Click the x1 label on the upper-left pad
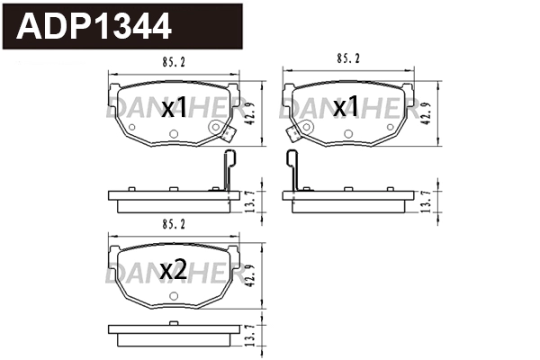pyautogui.click(x=174, y=109)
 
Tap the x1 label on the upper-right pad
pyautogui.click(x=346, y=109)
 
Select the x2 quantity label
pyautogui.click(x=174, y=271)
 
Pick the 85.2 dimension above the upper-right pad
pyautogui.click(x=347, y=59)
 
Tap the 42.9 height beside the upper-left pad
pyautogui.click(x=254, y=114)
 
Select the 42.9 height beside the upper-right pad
pyautogui.click(x=428, y=114)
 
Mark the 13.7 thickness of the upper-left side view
pyautogui.click(x=254, y=202)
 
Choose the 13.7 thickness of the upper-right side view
pyautogui.click(x=428, y=202)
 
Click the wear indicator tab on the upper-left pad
pyautogui.click(x=228, y=137)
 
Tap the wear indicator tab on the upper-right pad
pyautogui.click(x=292, y=135)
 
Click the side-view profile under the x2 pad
pyautogui.click(x=175, y=335)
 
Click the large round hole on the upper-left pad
pyautogui.click(x=215, y=128)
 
